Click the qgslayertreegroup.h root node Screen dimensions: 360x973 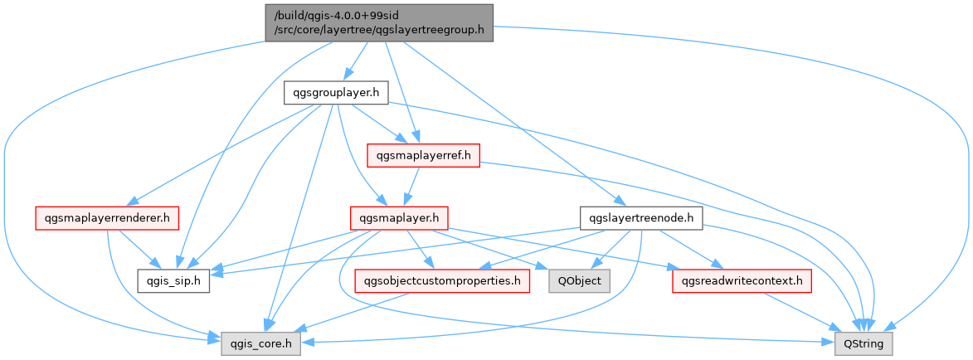(379, 23)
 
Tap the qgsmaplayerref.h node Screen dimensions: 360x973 (423, 155)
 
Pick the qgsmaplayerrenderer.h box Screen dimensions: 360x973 (107, 219)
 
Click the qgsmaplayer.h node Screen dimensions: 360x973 (400, 219)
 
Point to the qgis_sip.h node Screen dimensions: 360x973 (173, 281)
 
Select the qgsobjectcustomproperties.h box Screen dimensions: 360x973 (441, 281)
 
